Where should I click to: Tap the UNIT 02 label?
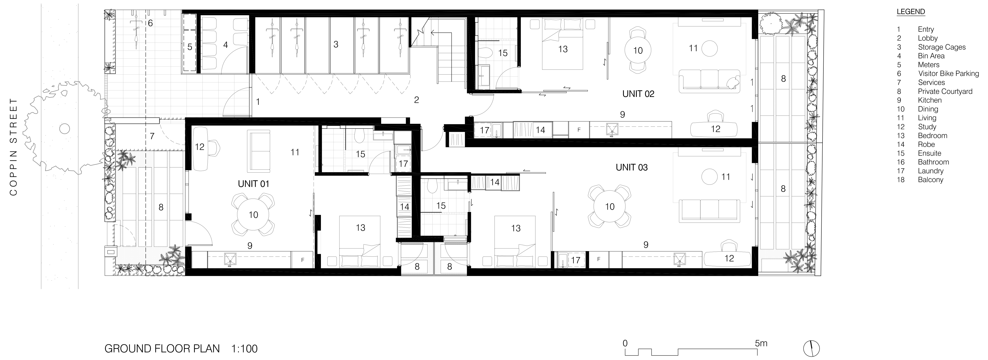(638, 94)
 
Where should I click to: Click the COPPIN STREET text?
(14, 147)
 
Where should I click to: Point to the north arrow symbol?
(811, 349)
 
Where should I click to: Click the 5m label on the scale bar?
(761, 343)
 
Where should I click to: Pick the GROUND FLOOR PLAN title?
(162, 349)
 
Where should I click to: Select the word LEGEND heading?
(911, 11)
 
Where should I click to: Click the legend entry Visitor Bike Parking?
(948, 74)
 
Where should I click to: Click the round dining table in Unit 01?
(253, 215)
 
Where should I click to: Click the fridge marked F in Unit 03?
(598, 259)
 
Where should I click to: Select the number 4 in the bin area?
(226, 45)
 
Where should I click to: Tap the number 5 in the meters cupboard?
(189, 47)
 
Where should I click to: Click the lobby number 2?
(416, 100)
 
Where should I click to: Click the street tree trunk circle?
(64, 129)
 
